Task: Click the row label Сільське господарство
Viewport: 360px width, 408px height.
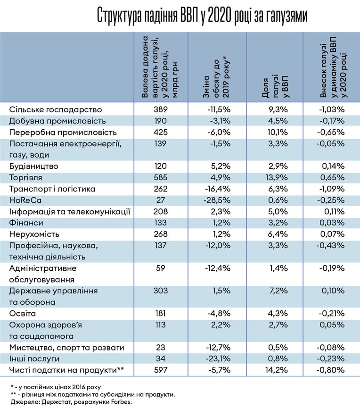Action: coord(55,109)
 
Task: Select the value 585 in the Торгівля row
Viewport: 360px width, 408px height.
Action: coord(160,177)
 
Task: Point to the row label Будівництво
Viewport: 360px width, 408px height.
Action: coord(33,167)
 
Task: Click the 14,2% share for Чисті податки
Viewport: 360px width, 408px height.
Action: coord(278,370)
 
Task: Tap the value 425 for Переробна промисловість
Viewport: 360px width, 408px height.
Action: coord(160,132)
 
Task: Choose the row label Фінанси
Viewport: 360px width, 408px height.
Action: coord(26,223)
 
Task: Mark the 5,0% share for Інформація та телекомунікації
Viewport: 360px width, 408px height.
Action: coord(278,211)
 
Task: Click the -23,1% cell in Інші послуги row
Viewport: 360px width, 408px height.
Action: coord(218,358)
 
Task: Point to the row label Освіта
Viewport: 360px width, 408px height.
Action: coord(22,313)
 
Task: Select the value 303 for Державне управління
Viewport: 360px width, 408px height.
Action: coord(160,291)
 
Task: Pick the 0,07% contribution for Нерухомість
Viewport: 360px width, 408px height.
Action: coord(333,234)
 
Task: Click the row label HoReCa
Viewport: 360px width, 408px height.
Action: coord(25,200)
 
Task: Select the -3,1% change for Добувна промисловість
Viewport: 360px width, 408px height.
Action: coord(219,121)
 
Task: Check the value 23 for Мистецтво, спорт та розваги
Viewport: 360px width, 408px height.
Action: coord(161,347)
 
